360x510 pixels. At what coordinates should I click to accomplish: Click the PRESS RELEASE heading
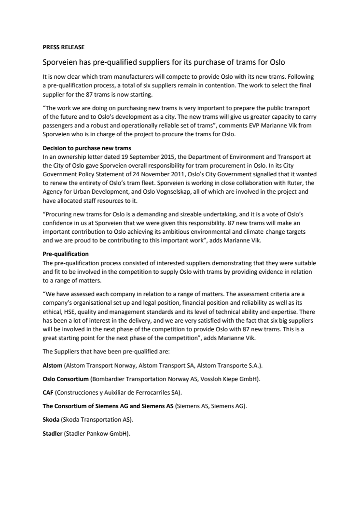click(x=64, y=47)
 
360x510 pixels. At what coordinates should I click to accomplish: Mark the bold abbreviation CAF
click(x=48, y=394)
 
